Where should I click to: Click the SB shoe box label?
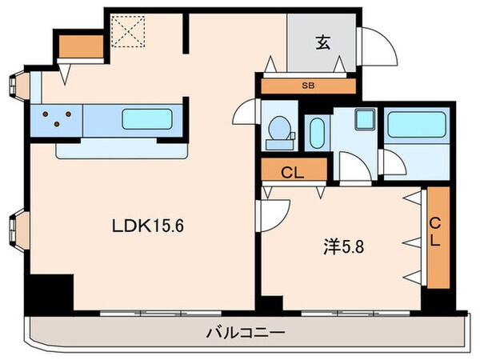coord(307,85)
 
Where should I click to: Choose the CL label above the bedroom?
coord(293,170)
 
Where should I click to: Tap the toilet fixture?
coord(279,130)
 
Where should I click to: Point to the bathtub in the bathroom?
coord(415,126)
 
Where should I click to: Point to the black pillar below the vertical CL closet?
coord(437,299)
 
